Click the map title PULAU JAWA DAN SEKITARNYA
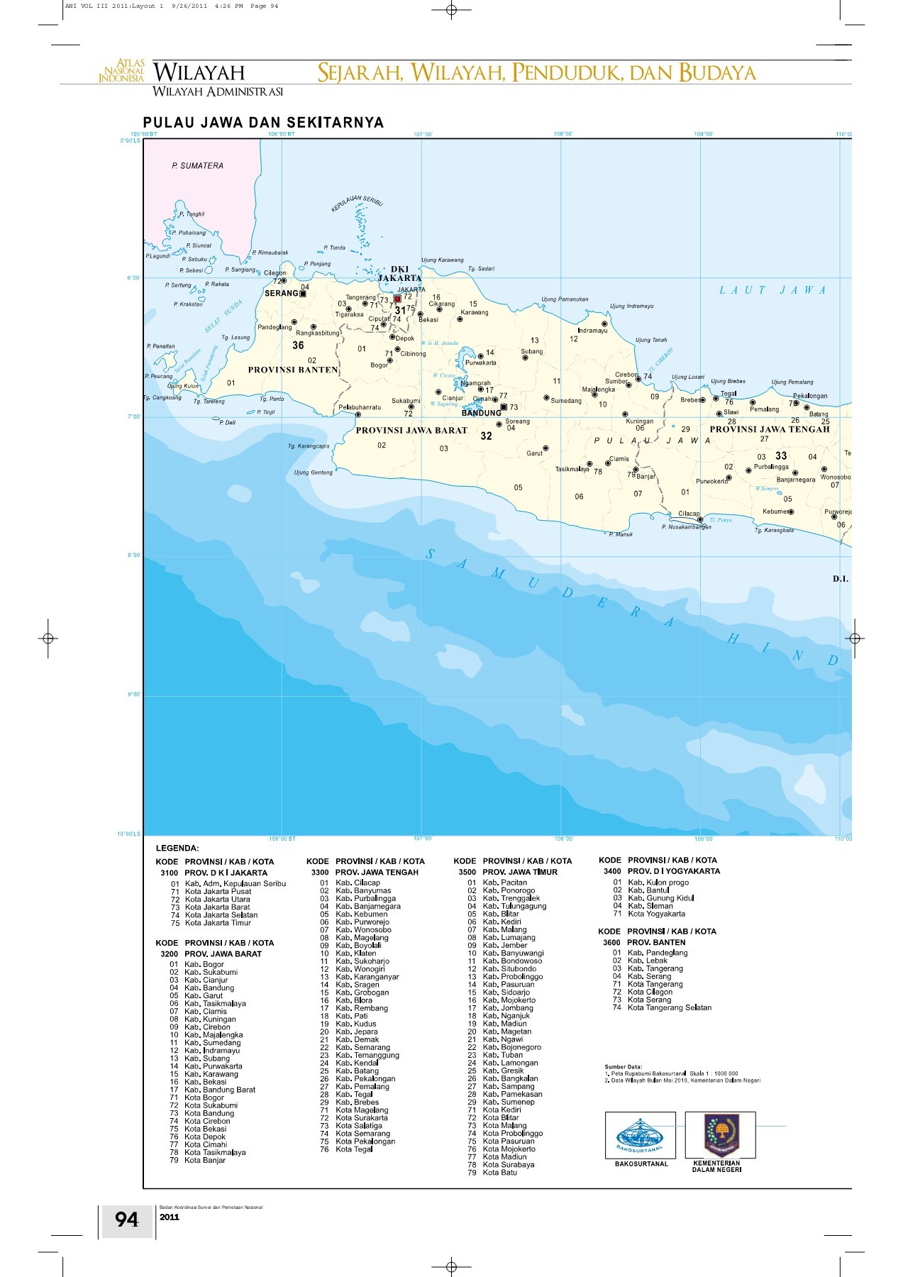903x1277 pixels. click(263, 122)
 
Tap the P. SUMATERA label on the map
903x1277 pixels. click(197, 166)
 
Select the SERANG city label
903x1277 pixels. click(281, 293)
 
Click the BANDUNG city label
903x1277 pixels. click(481, 413)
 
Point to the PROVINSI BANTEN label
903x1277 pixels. click(292, 370)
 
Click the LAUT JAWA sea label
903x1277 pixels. click(772, 289)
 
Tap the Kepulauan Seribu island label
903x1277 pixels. click(357, 203)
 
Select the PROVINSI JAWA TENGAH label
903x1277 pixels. click(769, 429)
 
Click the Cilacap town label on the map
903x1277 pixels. click(688, 514)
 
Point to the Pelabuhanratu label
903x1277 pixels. click(360, 407)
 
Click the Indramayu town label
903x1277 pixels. click(592, 331)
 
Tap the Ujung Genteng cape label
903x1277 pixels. click(313, 472)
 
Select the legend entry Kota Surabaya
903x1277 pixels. click(508, 1165)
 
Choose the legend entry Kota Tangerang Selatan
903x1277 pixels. click(669, 1007)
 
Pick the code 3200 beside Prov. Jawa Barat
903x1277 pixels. click(169, 954)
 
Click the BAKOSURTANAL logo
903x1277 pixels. click(640, 1135)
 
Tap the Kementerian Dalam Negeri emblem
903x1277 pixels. click(720, 1134)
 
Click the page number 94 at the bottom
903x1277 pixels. click(127, 1220)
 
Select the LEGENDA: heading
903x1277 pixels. click(177, 848)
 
